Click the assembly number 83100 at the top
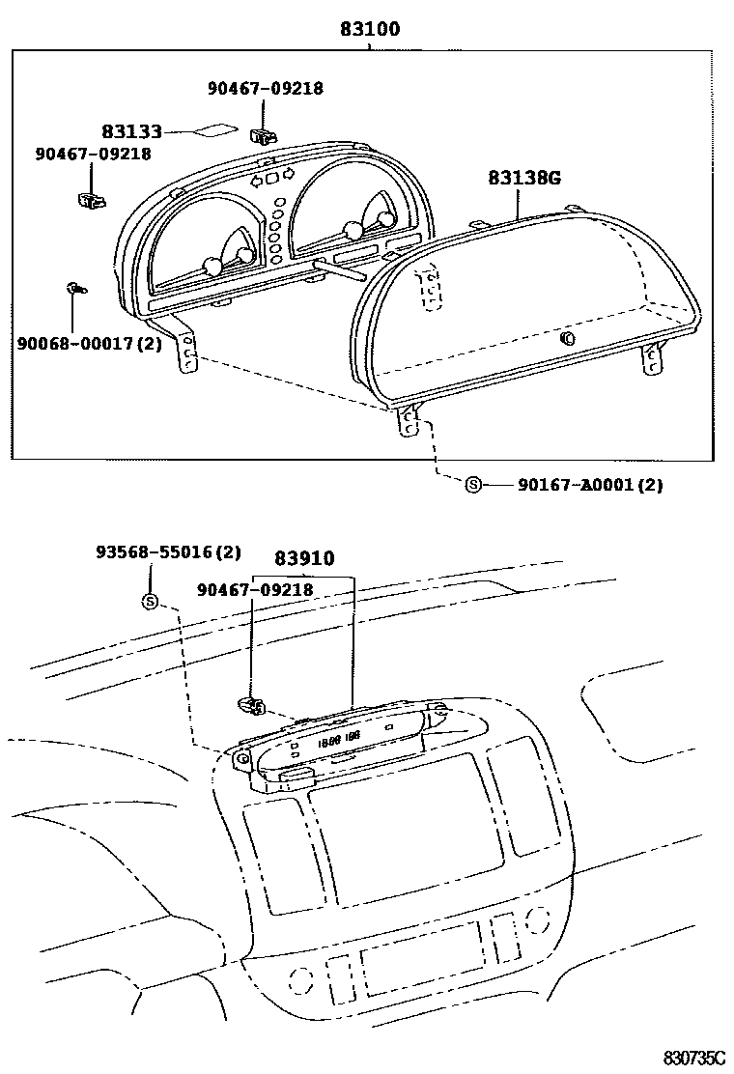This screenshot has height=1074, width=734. [x=369, y=30]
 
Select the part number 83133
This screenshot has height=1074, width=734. [x=131, y=131]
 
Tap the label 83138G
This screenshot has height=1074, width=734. [x=524, y=178]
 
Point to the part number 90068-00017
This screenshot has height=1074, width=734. [x=74, y=343]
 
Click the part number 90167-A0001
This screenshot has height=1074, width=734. [x=576, y=485]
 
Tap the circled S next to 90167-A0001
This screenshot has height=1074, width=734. [x=473, y=485]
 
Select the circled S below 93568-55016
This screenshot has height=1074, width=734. [x=150, y=601]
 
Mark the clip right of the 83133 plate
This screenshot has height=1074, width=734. [x=262, y=134]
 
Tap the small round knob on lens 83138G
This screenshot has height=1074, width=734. [x=567, y=338]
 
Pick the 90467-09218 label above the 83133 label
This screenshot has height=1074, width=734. [x=265, y=88]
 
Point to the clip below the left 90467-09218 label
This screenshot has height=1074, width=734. [x=92, y=200]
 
